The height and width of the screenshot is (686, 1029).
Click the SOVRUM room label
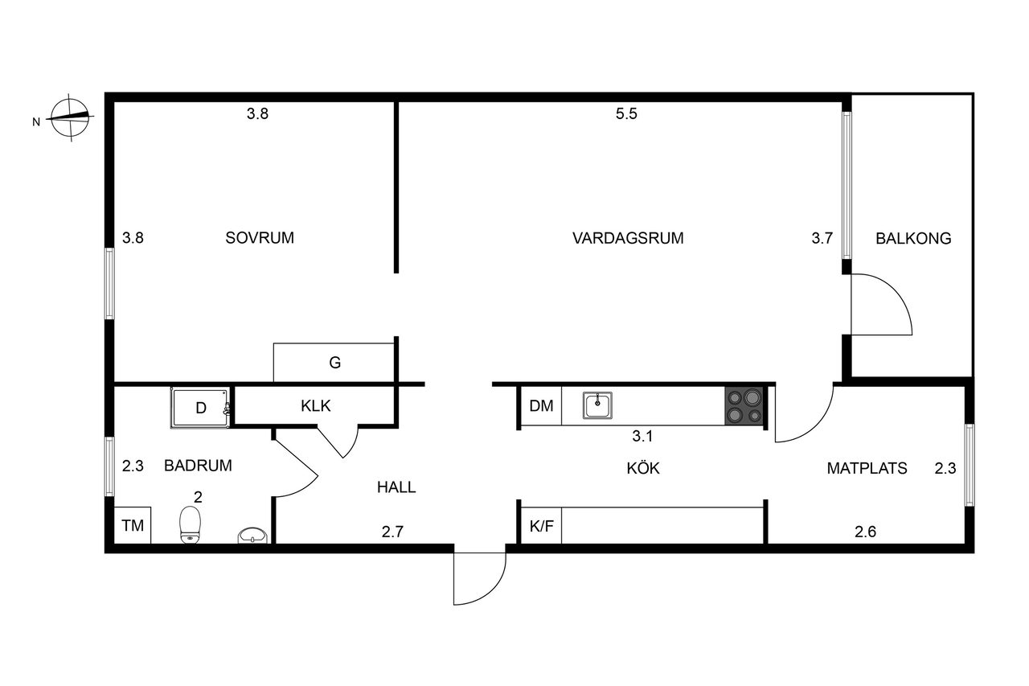tap(260, 237)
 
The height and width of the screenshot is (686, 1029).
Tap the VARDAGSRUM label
tap(628, 238)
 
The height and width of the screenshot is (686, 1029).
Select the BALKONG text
tap(913, 239)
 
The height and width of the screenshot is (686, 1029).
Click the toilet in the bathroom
tap(191, 524)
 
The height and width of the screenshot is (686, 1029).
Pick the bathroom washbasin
tap(252, 536)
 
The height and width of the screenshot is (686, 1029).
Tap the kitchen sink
tap(597, 405)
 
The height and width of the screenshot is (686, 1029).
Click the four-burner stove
tap(744, 405)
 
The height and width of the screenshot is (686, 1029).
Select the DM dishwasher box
tap(541, 405)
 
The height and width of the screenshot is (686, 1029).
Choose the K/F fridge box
tap(541, 526)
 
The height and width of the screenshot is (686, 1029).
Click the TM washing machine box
tap(133, 525)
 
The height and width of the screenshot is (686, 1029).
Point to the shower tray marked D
tap(200, 408)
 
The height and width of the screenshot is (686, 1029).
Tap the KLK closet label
tap(316, 405)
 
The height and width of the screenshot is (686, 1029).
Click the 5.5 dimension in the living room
tap(626, 113)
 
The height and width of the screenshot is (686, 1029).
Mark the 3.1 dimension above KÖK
tap(642, 436)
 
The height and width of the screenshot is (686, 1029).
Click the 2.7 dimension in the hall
tap(392, 532)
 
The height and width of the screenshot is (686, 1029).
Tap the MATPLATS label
tap(867, 468)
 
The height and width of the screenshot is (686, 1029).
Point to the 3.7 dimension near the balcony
tap(822, 238)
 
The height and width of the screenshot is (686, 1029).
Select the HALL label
tap(396, 487)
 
